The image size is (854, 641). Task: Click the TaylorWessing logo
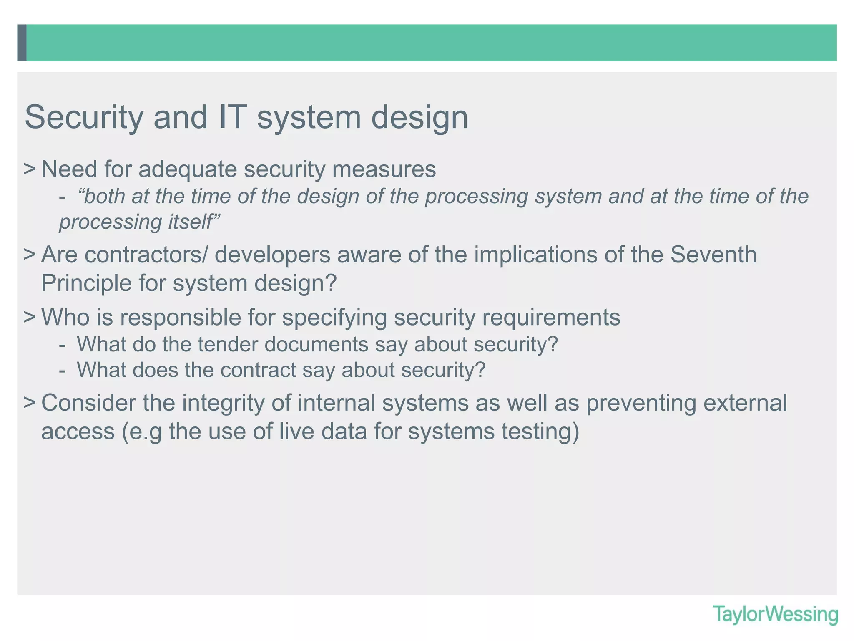pyautogui.click(x=775, y=615)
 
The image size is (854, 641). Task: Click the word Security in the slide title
pyautogui.click(x=84, y=118)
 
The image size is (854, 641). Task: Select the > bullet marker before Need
pyautogui.click(x=30, y=169)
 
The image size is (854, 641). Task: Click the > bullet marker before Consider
pyautogui.click(x=30, y=403)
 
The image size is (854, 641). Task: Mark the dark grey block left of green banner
pyautogui.click(x=22, y=43)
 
